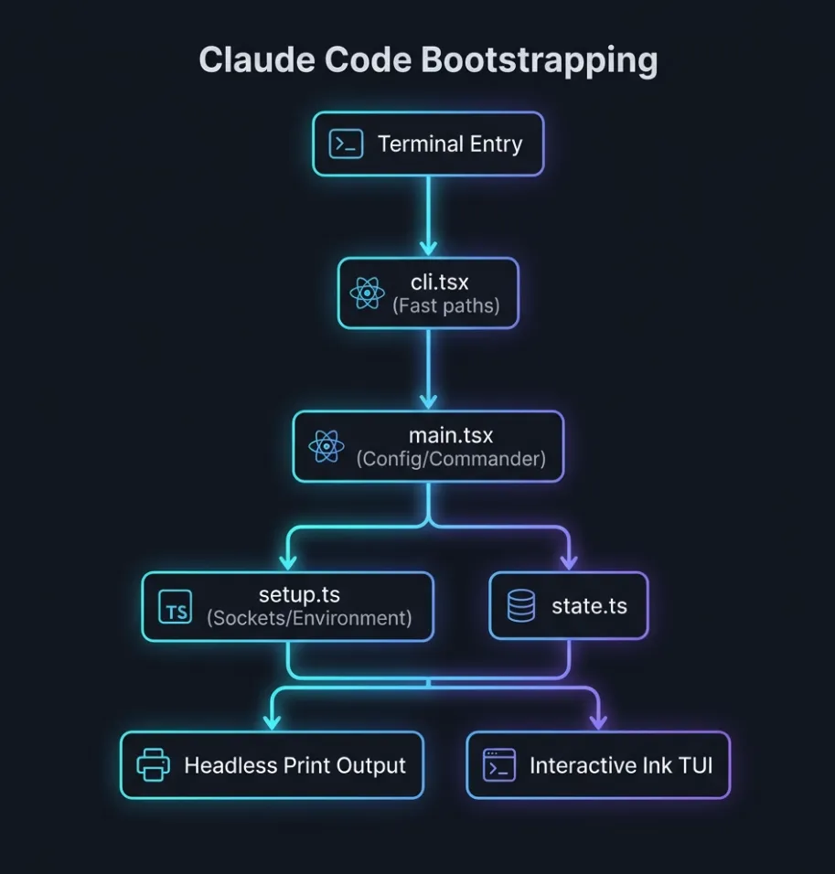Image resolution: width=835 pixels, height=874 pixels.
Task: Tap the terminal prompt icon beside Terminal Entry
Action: pos(347,144)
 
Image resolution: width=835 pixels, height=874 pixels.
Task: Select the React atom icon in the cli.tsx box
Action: pos(368,293)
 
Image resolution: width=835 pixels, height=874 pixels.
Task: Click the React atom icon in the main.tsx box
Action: pos(326,446)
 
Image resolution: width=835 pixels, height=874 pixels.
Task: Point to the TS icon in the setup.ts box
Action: pos(176,606)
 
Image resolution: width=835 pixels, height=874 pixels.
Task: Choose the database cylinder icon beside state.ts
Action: pos(521,605)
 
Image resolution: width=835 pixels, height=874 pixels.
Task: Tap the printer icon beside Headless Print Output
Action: pos(153,764)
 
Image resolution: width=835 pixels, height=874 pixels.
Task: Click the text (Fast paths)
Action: pos(446,305)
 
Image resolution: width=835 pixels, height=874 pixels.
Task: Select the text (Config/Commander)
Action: pos(451,459)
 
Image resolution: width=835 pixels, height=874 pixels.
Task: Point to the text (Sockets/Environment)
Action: pos(309,618)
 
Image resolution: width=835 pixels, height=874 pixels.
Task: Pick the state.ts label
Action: pos(589,605)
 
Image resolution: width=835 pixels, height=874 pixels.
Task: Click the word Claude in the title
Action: pos(251,60)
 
